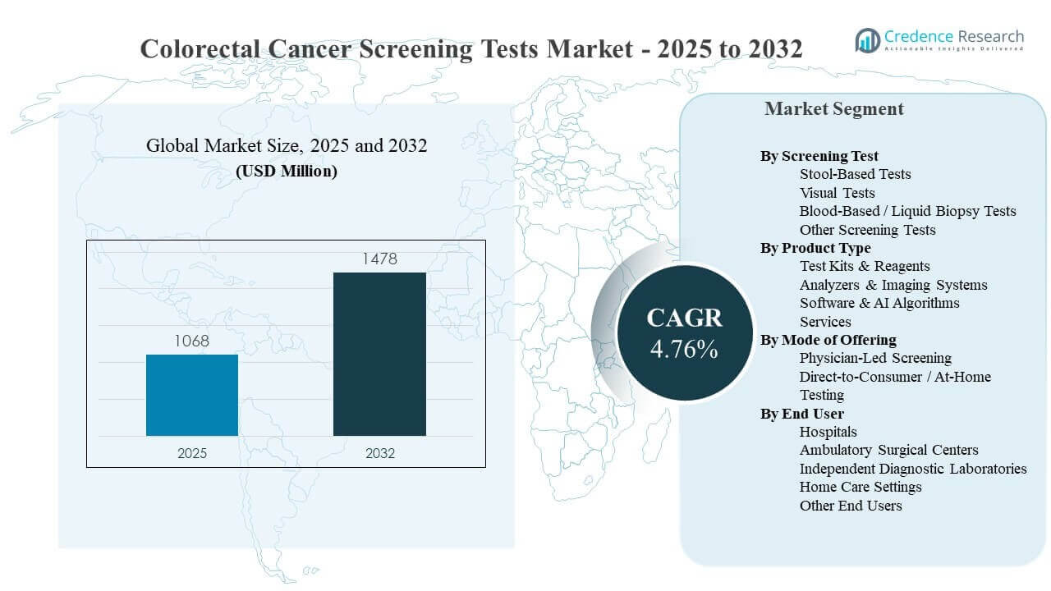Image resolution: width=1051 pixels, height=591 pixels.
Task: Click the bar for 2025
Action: tap(192, 395)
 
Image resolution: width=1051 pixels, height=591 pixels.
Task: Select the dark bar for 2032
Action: tap(379, 354)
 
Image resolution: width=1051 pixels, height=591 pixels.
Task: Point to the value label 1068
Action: tap(192, 341)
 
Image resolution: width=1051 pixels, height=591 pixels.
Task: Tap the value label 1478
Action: tap(379, 259)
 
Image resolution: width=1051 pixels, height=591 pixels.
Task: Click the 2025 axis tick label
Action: tap(192, 453)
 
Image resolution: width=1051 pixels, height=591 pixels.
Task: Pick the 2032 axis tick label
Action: tap(379, 453)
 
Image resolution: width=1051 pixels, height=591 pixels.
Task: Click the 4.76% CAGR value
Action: tap(684, 349)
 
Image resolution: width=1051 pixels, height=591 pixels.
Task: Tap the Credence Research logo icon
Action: tap(867, 39)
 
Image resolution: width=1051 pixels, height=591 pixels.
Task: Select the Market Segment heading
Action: tap(833, 109)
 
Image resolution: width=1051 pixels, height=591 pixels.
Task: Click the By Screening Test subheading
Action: tap(819, 156)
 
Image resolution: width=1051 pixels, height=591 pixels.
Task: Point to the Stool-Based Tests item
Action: tap(855, 174)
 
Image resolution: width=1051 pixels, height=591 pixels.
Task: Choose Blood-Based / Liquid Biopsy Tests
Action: tap(907, 211)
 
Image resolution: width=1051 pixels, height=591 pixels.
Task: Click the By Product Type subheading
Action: tap(815, 248)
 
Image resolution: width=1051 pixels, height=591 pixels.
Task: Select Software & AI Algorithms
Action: tap(879, 303)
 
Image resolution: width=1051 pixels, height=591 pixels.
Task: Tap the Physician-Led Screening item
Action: tap(875, 358)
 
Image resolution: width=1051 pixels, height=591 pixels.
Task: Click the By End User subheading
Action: tap(802, 414)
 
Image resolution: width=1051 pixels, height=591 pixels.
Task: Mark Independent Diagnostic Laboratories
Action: tap(913, 469)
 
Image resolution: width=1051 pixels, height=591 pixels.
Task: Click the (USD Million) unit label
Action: tap(287, 172)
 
